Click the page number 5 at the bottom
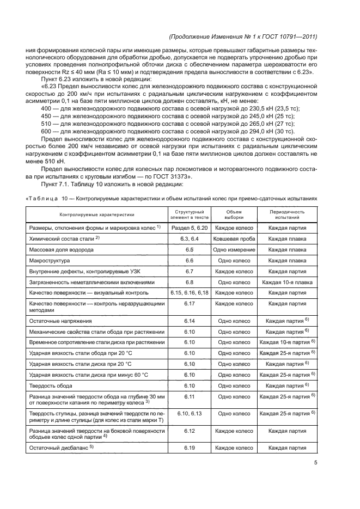point(316,463)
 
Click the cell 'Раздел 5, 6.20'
point(190,228)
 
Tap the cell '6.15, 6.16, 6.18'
point(190,293)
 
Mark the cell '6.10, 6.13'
point(190,413)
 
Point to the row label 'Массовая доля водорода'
point(60,249)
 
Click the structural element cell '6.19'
point(190,448)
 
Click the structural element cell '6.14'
point(190,322)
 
